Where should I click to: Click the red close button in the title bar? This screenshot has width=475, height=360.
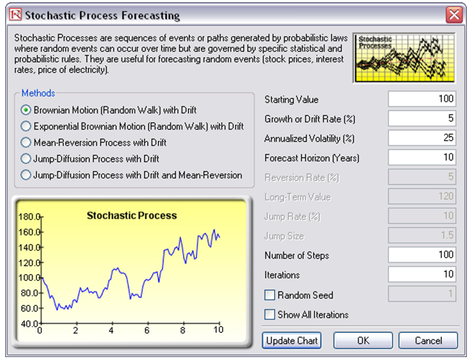point(454,15)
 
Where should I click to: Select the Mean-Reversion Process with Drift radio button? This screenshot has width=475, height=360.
point(26,143)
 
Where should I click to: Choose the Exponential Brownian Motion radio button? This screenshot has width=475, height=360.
point(26,126)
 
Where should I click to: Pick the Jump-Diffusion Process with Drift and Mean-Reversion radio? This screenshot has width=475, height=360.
point(26,175)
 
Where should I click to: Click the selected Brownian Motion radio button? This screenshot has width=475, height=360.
point(26,110)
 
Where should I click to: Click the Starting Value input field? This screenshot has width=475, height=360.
point(422,99)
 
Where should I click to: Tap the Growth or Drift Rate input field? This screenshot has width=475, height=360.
point(422,118)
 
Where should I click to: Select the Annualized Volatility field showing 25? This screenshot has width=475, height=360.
point(422,138)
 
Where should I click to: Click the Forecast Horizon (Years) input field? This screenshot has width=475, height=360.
point(422,157)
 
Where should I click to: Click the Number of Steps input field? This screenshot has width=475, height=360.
point(422,255)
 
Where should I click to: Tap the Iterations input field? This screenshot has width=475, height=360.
point(422,274)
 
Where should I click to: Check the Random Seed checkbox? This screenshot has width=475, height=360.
point(270,295)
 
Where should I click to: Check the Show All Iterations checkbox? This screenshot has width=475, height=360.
point(270,314)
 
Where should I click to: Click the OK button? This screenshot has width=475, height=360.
point(363,341)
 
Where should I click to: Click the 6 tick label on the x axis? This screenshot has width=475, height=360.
point(147,330)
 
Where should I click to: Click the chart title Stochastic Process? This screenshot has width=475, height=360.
point(132,215)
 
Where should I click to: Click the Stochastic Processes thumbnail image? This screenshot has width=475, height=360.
point(404,58)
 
